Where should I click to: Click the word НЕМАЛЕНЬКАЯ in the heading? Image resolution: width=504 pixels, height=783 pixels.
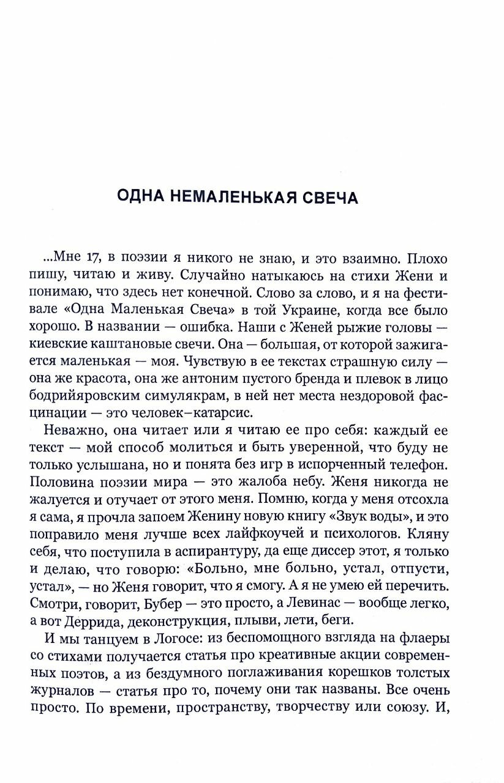click(x=236, y=198)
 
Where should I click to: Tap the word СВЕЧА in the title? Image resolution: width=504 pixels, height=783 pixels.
click(x=328, y=198)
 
